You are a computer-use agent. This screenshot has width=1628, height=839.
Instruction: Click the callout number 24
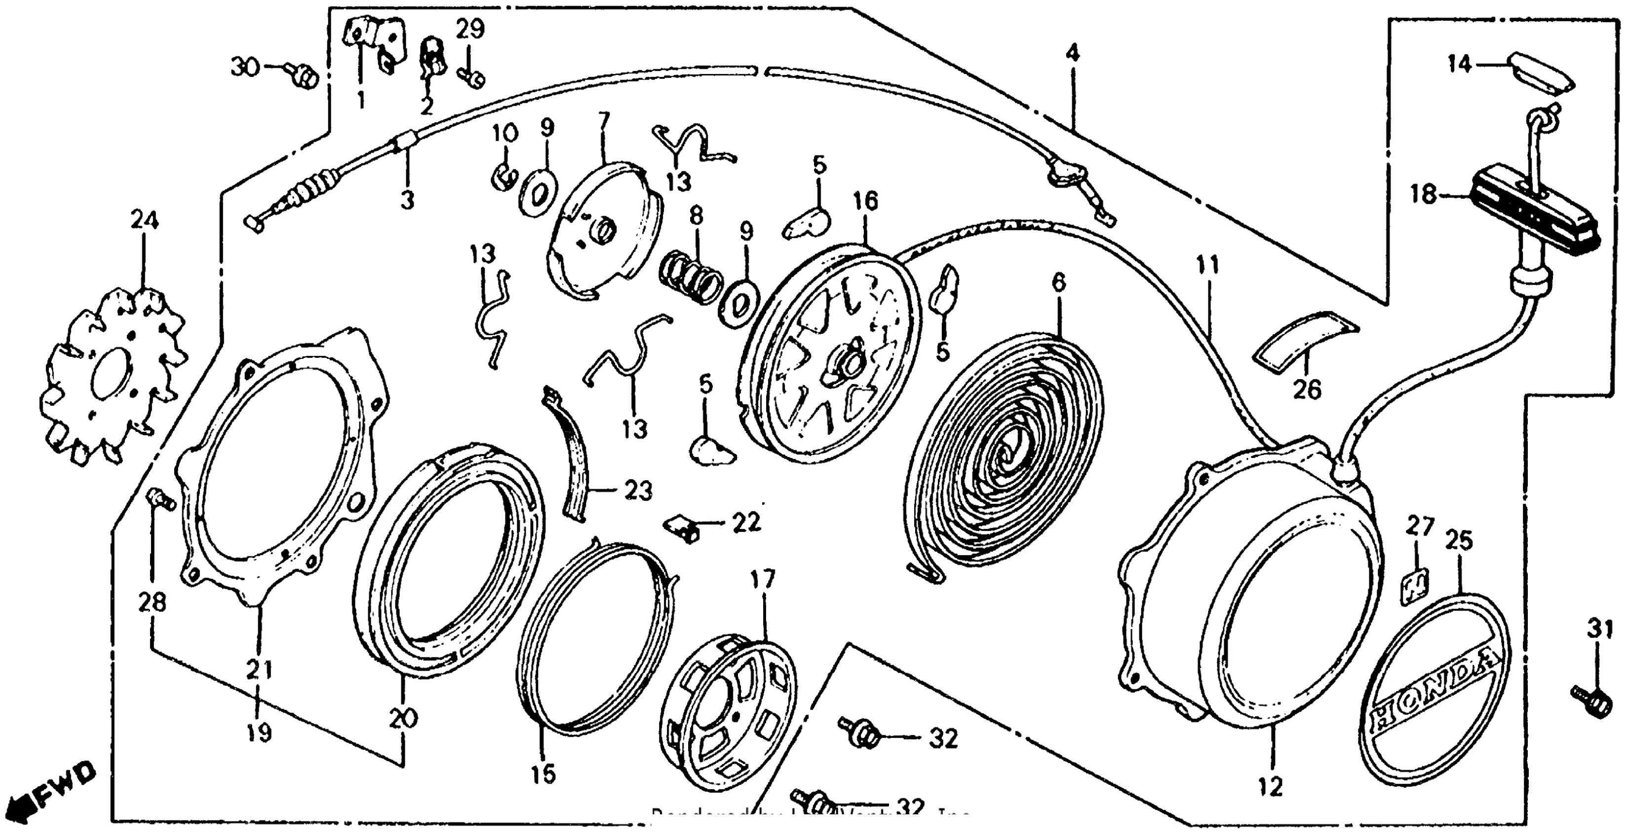tap(145, 221)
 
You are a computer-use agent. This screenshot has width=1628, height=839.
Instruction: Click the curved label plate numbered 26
tap(1305, 347)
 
